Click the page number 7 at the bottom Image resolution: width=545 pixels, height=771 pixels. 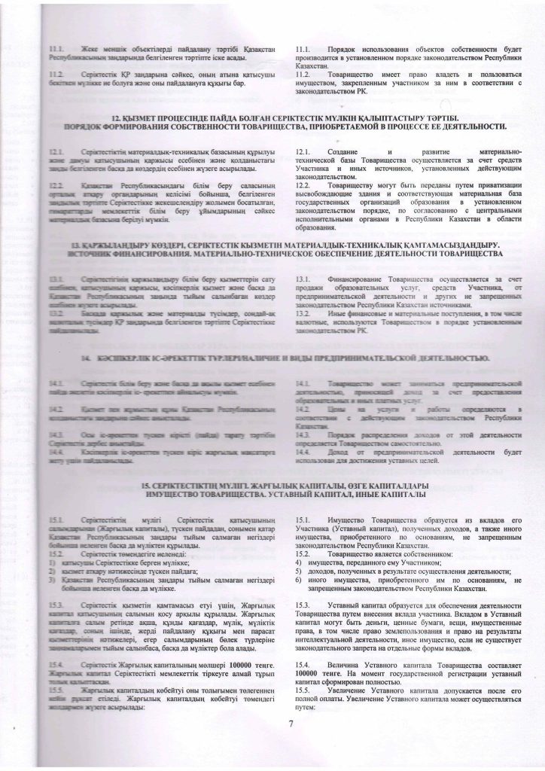click(290, 745)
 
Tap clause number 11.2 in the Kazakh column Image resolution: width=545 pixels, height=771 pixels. click(55, 76)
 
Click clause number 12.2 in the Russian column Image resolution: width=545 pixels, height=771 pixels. click(305, 184)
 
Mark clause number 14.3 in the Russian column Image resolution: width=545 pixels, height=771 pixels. click(305, 434)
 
